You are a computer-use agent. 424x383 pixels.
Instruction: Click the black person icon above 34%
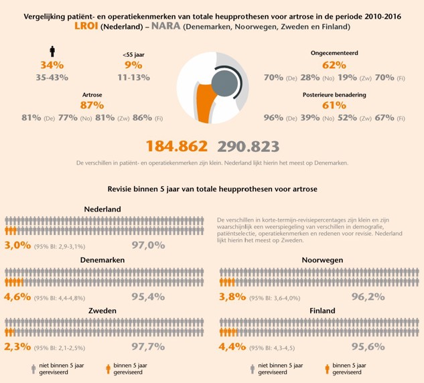52,52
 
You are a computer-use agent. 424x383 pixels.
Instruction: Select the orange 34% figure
52,65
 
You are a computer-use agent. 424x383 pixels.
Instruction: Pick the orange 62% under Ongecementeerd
333,65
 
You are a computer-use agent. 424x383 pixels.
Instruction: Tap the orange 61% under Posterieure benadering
333,106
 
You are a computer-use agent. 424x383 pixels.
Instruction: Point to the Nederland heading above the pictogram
102,209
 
